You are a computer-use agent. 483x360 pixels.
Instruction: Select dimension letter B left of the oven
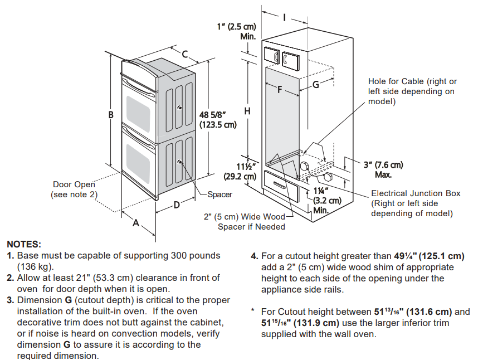click(111, 115)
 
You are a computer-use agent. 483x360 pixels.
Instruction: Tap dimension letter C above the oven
click(186, 55)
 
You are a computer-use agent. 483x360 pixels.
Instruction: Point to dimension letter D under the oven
click(176, 205)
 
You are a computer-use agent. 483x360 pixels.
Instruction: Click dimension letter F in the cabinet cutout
click(280, 89)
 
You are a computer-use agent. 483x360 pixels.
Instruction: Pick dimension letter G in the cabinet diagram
click(315, 85)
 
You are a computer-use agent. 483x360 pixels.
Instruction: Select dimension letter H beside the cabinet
click(247, 111)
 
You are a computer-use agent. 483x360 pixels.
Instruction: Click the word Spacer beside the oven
click(219, 195)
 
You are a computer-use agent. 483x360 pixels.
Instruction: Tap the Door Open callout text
click(74, 189)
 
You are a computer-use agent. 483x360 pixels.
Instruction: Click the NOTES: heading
click(23, 244)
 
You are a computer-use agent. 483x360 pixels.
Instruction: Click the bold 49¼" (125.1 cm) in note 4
click(429, 256)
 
